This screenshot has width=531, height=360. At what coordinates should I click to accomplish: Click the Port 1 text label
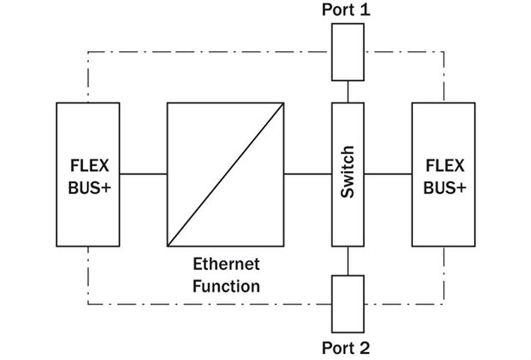[x=346, y=10]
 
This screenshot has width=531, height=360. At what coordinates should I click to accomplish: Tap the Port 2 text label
[x=346, y=348]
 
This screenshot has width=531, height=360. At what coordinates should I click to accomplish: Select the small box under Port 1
[x=348, y=52]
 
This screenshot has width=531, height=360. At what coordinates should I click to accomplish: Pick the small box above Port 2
[x=348, y=304]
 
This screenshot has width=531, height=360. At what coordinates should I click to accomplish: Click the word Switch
[x=348, y=172]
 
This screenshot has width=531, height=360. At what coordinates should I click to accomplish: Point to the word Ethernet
[x=226, y=264]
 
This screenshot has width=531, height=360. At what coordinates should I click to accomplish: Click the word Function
[x=226, y=286]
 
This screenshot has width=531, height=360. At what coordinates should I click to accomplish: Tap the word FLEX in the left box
[x=90, y=166]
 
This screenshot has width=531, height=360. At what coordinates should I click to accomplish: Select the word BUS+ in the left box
[x=90, y=188]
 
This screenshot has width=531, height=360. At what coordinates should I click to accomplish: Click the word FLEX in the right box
[x=445, y=166]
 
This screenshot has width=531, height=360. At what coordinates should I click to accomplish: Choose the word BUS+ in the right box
[x=445, y=188]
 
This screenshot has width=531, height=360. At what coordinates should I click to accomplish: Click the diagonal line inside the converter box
[x=226, y=175]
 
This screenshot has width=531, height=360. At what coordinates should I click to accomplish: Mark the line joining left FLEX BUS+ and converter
[x=144, y=174]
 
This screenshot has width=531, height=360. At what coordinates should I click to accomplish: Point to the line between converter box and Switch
[x=308, y=174]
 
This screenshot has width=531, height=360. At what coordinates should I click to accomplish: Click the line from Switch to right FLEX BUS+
[x=388, y=174]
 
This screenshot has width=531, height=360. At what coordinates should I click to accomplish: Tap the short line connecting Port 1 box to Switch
[x=348, y=92]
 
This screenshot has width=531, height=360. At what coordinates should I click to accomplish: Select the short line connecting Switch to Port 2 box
[x=348, y=261]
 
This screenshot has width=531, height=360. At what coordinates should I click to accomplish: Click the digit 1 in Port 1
[x=365, y=10]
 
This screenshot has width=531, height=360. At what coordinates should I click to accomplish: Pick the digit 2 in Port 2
[x=364, y=348]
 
